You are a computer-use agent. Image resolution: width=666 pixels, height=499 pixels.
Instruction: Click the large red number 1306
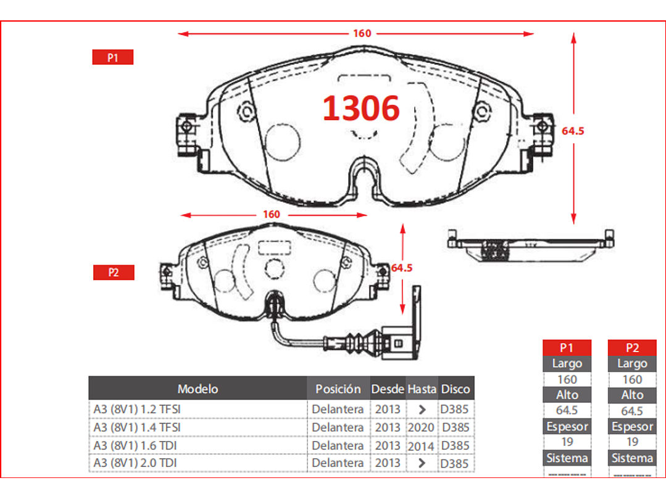[x=361, y=108]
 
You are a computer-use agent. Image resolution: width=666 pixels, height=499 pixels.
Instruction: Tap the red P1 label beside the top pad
[x=112, y=57]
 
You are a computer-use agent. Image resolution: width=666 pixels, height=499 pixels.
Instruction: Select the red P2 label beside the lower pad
[x=114, y=273]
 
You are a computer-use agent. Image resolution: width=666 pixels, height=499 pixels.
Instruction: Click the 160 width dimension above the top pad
[x=362, y=33]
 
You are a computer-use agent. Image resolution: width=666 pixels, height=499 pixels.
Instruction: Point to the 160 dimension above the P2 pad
[x=271, y=215]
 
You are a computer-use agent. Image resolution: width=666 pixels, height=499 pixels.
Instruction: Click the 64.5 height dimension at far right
[x=573, y=131]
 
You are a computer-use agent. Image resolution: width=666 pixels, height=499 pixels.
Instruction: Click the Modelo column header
[x=198, y=389]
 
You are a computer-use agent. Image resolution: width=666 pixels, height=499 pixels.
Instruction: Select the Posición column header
[x=338, y=389]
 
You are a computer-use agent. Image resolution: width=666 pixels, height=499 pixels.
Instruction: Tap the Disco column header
[x=456, y=389]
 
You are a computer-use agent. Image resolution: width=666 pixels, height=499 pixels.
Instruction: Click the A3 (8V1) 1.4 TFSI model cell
[x=137, y=427]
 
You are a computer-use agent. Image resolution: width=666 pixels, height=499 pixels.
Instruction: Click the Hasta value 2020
[x=422, y=427]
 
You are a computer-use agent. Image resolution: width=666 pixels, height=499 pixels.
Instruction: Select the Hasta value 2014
[x=422, y=445]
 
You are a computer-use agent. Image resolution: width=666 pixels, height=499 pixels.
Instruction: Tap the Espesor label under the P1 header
[x=567, y=426]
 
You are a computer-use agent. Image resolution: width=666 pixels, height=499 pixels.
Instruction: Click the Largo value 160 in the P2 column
[x=632, y=379]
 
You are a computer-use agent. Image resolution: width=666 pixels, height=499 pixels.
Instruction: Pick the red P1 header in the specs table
[x=567, y=348]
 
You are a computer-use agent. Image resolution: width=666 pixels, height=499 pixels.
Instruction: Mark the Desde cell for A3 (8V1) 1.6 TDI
[x=387, y=445]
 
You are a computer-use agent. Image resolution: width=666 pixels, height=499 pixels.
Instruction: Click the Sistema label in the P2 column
[x=632, y=458]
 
